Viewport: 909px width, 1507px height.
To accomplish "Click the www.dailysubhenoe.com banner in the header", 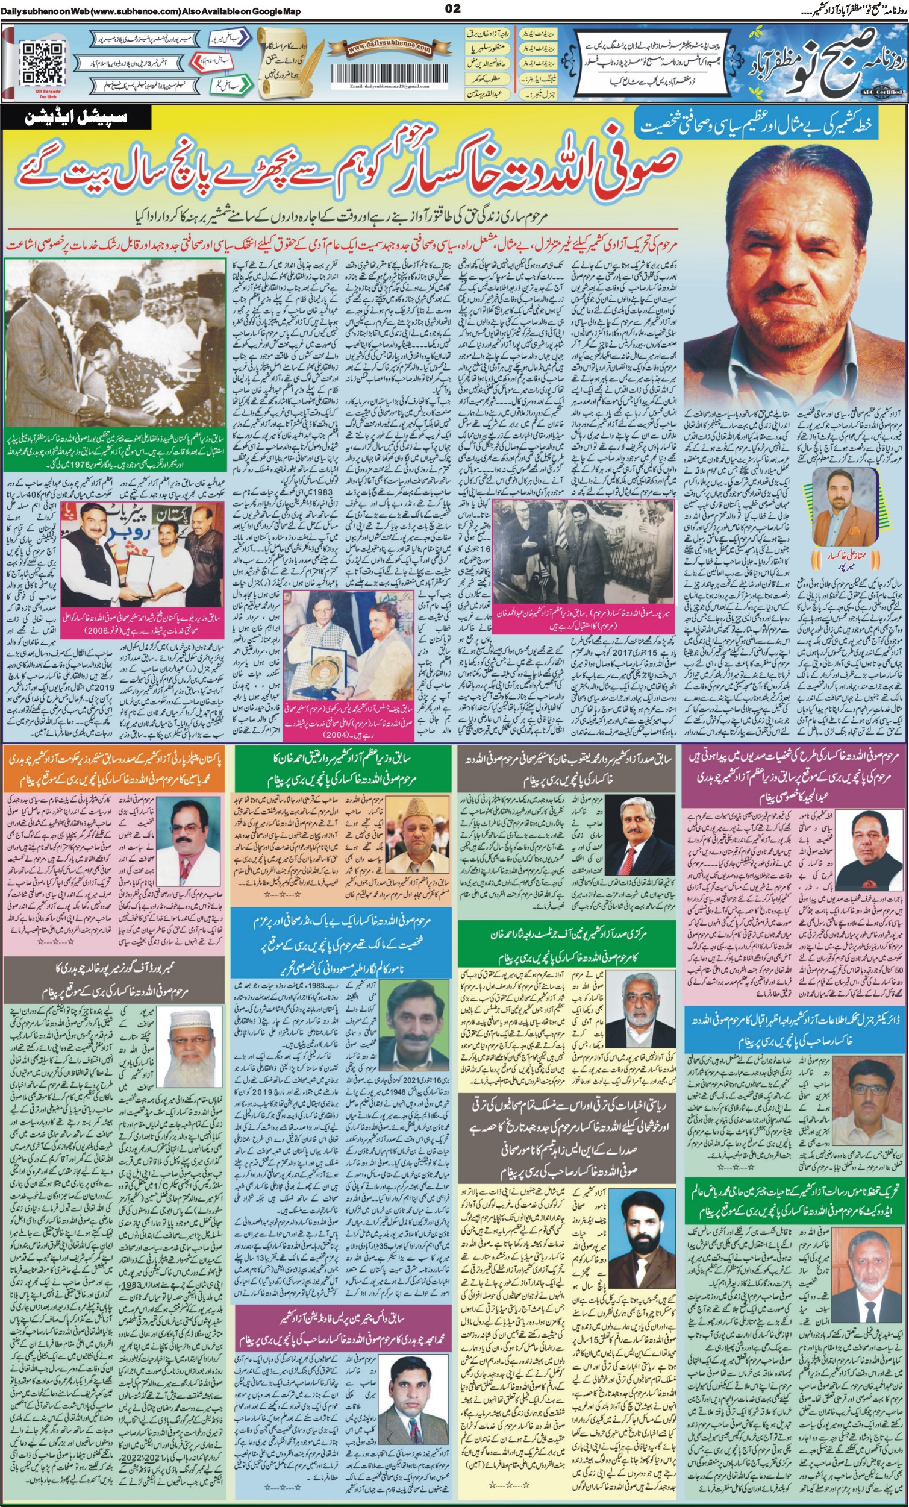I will click(381, 48).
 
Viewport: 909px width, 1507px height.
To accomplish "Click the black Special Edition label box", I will click(77, 118).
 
